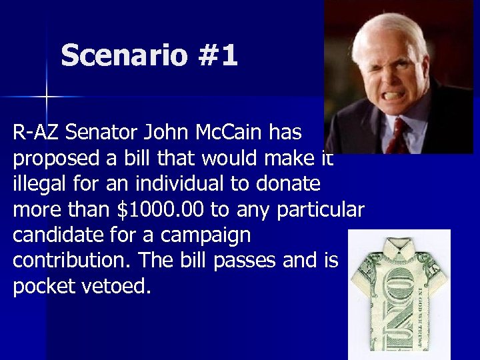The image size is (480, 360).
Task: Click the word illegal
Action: pos(39,185)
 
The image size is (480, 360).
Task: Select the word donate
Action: pos(289,185)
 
